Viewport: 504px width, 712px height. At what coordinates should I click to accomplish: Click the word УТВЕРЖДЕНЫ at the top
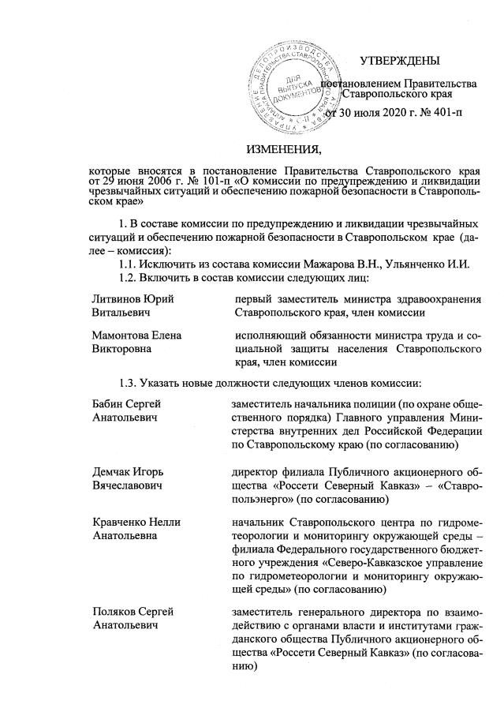tap(400, 62)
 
